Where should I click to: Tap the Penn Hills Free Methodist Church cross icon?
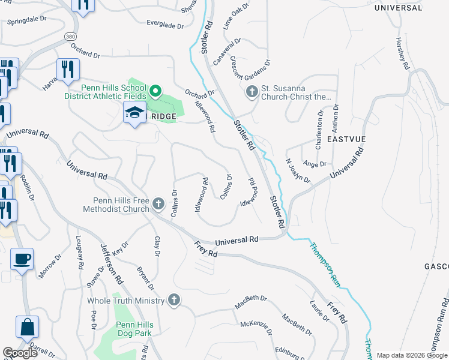[x=158, y=204]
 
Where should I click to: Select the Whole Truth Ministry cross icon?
[x=173, y=300]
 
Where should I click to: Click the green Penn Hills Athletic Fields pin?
[x=155, y=91]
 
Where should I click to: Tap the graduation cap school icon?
[x=134, y=112]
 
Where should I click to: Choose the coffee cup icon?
[x=23, y=259]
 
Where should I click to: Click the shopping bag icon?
[x=28, y=327]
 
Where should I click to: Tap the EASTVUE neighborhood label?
[x=346, y=139]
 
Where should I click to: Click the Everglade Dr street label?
[x=164, y=25]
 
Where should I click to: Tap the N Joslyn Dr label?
[x=298, y=171]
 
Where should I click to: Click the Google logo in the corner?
[x=20, y=353]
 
